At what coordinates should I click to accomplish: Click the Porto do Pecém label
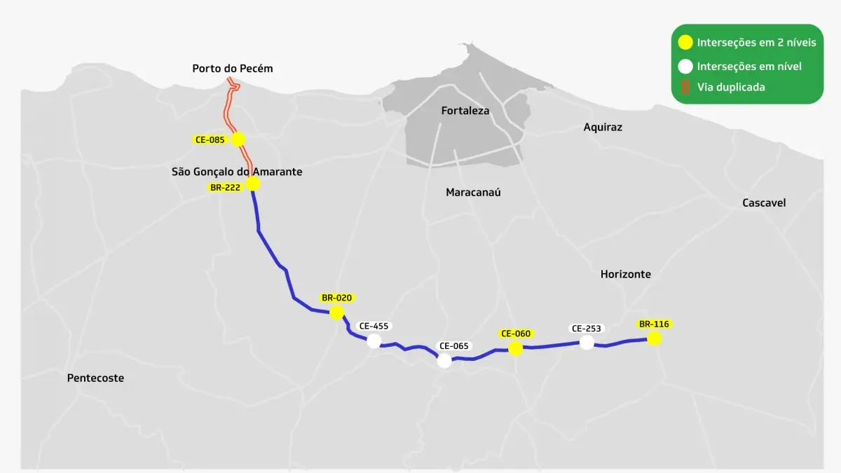click(232, 69)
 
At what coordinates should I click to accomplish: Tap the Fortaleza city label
click(465, 111)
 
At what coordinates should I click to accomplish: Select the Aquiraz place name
click(603, 128)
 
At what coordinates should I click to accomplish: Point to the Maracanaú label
click(474, 192)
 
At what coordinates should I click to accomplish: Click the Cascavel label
click(764, 203)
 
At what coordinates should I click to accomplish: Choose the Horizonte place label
click(625, 275)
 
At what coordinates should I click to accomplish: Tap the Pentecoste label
click(95, 378)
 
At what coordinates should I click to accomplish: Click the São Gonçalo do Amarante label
click(237, 172)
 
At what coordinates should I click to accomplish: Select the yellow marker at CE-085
click(238, 139)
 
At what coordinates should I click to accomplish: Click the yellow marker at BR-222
click(253, 184)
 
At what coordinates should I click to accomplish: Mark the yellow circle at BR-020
click(336, 313)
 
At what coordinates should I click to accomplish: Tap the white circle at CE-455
click(374, 341)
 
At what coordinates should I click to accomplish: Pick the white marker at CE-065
click(444, 361)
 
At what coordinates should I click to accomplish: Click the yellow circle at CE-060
click(516, 348)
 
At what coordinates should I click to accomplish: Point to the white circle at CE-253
click(587, 343)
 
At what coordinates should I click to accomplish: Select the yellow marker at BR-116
click(654, 339)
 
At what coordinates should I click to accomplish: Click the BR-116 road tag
click(654, 324)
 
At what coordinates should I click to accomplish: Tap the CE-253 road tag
click(587, 328)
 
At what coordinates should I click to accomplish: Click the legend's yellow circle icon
click(685, 43)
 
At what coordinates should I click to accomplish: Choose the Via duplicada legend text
click(730, 88)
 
